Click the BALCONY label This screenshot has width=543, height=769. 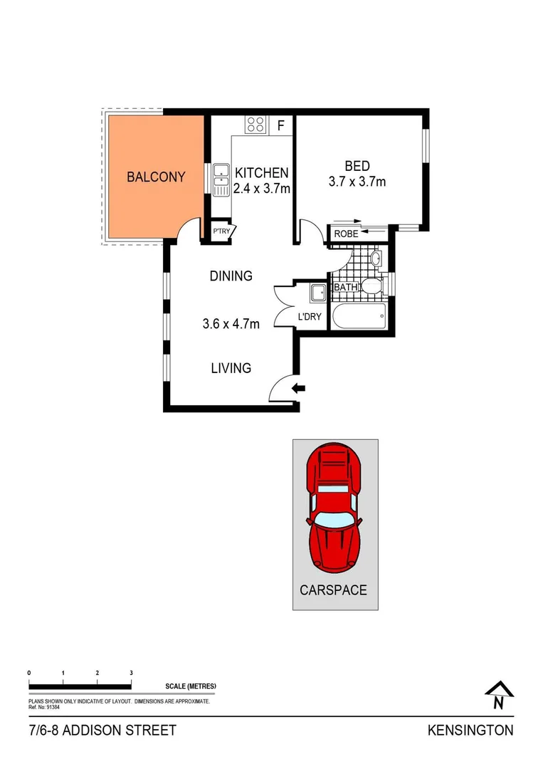click(x=156, y=177)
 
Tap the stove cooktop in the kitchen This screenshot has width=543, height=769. click(x=255, y=125)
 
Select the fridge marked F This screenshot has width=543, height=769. click(x=281, y=126)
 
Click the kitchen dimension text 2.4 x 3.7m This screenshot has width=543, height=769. click(x=262, y=189)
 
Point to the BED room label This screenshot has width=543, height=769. click(x=357, y=166)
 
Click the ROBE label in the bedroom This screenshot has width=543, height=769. click(x=346, y=233)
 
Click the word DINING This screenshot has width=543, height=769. click(x=231, y=276)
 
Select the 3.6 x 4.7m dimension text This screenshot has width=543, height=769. click(x=231, y=325)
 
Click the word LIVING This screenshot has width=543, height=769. click(x=231, y=368)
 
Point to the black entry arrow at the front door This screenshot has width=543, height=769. click(x=300, y=388)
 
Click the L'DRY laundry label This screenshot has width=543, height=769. click(x=310, y=315)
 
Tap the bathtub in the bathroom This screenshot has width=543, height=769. click(x=359, y=315)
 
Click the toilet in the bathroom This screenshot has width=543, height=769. click(x=371, y=286)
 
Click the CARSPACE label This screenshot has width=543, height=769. click(x=334, y=590)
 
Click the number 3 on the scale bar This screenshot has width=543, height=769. click(x=131, y=672)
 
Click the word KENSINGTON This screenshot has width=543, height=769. click(x=470, y=731)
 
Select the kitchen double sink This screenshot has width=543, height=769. click(x=221, y=178)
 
